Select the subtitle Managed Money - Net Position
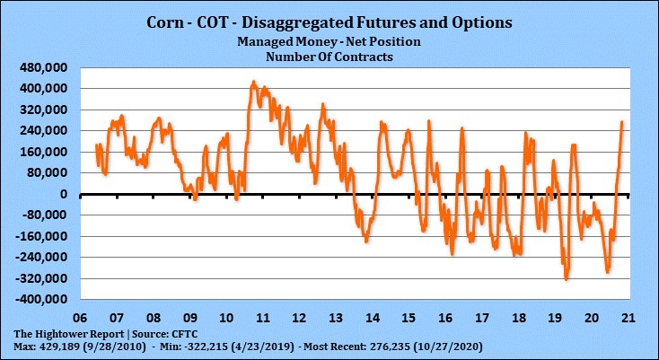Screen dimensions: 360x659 pyautogui.click(x=329, y=42)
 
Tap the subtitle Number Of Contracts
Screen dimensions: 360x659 pyautogui.click(x=329, y=56)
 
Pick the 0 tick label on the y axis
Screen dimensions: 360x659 pyautogui.click(x=62, y=194)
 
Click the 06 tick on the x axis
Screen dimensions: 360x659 pyautogui.click(x=79, y=318)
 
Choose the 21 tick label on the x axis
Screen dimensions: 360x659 pyautogui.click(x=629, y=318)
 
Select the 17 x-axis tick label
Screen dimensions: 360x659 pyautogui.click(x=482, y=318)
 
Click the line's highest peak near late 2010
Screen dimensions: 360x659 pyautogui.click(x=253, y=82)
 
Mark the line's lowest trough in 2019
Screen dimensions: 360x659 pyautogui.click(x=566, y=279)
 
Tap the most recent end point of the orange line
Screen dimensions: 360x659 pyautogui.click(x=622, y=122)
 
